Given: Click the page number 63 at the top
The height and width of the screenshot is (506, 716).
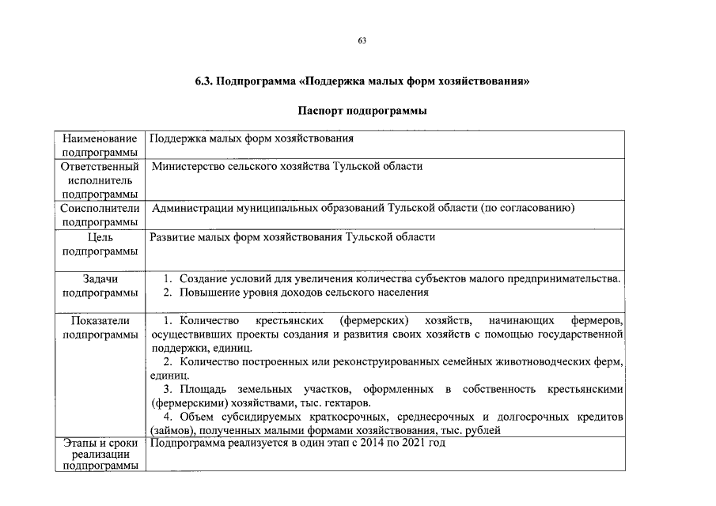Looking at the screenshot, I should click(x=362, y=40).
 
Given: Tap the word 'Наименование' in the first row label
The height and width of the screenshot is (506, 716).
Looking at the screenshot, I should click(x=99, y=139).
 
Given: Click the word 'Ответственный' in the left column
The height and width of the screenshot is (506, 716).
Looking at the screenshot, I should click(x=99, y=167).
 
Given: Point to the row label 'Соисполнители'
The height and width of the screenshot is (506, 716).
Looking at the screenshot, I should click(x=99, y=209).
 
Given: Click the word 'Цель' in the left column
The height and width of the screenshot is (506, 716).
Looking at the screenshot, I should click(x=99, y=237).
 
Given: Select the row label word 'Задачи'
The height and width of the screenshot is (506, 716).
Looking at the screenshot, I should click(x=99, y=279).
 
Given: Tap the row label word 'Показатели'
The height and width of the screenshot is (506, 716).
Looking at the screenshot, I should click(x=99, y=322).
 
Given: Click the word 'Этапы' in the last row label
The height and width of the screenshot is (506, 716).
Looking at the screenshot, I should click(x=79, y=443).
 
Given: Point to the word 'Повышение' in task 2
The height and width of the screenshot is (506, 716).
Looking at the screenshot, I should click(x=206, y=293).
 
